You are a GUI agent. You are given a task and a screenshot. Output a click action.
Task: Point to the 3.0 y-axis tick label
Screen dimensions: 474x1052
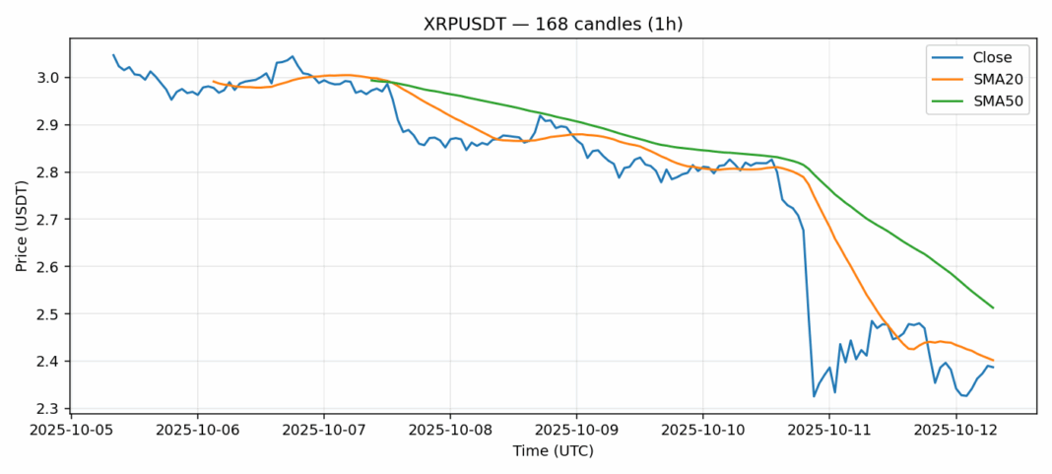click(49, 78)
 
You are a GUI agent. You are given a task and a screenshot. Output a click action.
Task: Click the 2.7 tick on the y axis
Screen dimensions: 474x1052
click(49, 220)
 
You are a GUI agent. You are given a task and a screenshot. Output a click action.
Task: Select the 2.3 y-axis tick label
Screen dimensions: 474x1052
click(49, 409)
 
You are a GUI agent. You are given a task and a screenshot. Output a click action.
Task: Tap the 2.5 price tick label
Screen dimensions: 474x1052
click(49, 314)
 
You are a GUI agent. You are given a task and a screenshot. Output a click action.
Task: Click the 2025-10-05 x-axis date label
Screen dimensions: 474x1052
click(71, 431)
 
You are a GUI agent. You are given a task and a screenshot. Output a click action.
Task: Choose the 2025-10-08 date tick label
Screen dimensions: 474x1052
click(450, 431)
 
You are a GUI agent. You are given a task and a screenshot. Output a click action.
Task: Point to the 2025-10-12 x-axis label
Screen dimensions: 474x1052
click(955, 431)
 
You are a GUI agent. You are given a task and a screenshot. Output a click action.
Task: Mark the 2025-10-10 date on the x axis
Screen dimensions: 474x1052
click(702, 431)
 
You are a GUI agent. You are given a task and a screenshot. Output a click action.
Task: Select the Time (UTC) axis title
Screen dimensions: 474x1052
click(553, 451)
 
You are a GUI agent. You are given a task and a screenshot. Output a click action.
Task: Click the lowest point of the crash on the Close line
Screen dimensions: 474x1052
click(814, 396)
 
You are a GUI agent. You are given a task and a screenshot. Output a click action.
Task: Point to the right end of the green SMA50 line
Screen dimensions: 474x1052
click(993, 308)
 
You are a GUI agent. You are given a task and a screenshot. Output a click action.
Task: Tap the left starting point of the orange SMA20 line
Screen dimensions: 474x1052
click(214, 82)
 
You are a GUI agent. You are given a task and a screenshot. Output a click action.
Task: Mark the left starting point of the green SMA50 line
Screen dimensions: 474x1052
click(371, 80)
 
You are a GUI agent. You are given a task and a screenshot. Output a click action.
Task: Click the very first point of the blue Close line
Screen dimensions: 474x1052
click(113, 55)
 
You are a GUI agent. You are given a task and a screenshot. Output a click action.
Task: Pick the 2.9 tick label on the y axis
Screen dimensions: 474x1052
click(49, 125)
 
